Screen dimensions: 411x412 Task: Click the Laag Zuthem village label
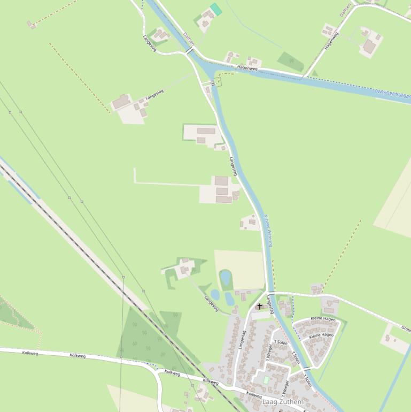283,402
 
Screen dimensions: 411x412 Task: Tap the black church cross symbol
260,307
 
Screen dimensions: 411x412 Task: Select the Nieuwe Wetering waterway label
268,231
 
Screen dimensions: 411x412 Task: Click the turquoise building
216,9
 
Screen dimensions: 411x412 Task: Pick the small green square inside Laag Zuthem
266,379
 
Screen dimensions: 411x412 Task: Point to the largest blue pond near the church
226,277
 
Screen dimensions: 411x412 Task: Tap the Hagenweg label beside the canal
247,68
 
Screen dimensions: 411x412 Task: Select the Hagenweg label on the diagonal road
331,41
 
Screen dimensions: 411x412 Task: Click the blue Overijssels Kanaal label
393,95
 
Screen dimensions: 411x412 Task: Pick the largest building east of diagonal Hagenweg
369,46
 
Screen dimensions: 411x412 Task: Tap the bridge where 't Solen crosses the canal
307,369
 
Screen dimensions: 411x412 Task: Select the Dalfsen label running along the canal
188,37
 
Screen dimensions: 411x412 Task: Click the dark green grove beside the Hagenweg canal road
291,61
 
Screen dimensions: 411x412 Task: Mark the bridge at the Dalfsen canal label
190,50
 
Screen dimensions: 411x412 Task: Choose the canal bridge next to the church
271,293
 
